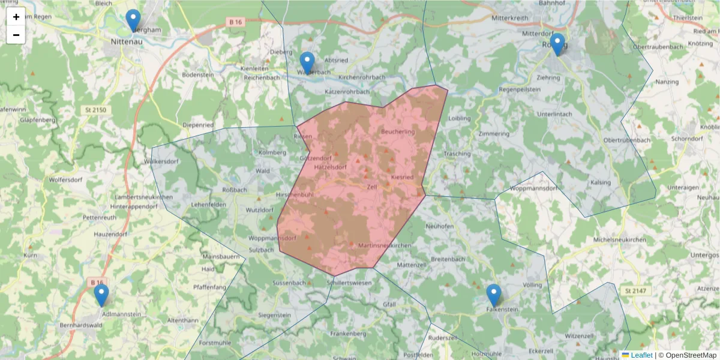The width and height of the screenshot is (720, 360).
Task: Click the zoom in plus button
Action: pyautogui.click(x=16, y=17)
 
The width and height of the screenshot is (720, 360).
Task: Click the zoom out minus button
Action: pyautogui.click(x=16, y=35)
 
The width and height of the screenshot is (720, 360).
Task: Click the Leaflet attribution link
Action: pyautogui.click(x=641, y=355)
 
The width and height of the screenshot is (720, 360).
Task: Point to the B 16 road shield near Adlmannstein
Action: pyautogui.click(x=97, y=282)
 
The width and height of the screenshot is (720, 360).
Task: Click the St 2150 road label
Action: pyautogui.click(x=96, y=111)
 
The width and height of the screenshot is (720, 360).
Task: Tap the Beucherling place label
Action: pyautogui.click(x=398, y=131)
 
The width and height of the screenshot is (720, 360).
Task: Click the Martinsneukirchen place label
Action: pyautogui.click(x=383, y=246)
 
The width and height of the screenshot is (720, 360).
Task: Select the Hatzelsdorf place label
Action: pyautogui.click(x=331, y=167)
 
